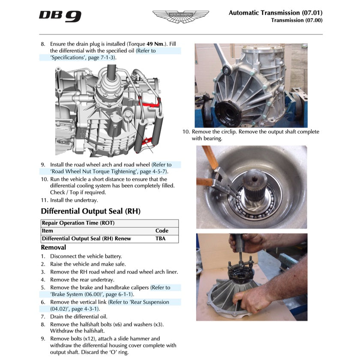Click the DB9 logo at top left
click(x=60, y=16)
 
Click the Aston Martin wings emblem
click(x=180, y=16)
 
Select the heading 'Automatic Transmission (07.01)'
click(x=275, y=12)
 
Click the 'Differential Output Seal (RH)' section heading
click(x=90, y=211)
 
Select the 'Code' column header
click(x=162, y=231)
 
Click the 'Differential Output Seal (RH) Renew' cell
click(x=86, y=239)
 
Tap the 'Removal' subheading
click(x=53, y=247)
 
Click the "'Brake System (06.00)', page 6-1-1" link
click(x=92, y=294)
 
